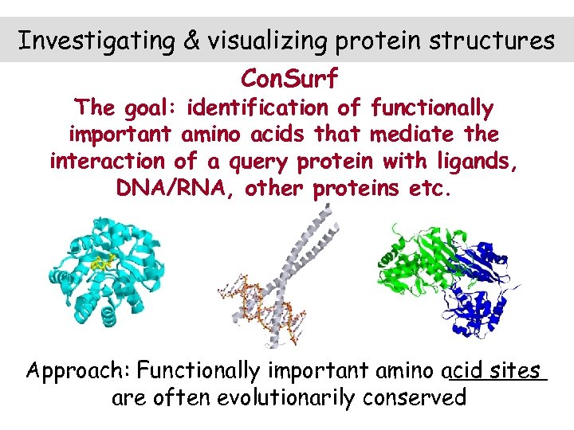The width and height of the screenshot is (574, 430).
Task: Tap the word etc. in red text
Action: click(x=432, y=190)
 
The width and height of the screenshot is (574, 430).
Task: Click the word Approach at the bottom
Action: click(x=78, y=370)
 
